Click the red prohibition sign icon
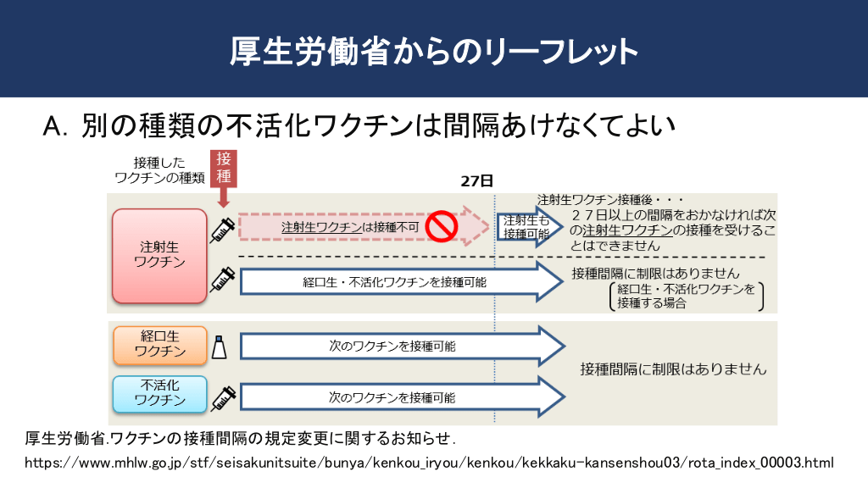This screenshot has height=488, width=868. pyautogui.click(x=442, y=226)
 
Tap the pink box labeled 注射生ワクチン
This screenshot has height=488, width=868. pyautogui.click(x=159, y=255)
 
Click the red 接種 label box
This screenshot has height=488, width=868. pyautogui.click(x=223, y=168)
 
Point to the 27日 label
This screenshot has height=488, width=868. pyautogui.click(x=476, y=181)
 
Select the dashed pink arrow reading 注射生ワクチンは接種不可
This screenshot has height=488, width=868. pyautogui.click(x=356, y=227)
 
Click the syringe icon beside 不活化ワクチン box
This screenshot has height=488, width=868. pyautogui.click(x=222, y=395)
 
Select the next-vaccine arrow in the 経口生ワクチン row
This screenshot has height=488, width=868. pyautogui.click(x=398, y=346)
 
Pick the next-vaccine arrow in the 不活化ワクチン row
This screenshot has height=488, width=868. pyautogui.click(x=398, y=396)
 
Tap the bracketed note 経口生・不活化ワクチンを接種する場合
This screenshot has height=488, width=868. pyautogui.click(x=687, y=297)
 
